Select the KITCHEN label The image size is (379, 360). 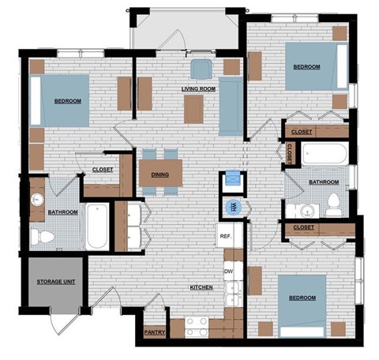click(x=201, y=287)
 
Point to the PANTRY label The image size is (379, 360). click(x=155, y=332)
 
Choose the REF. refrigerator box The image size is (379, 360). click(x=225, y=235)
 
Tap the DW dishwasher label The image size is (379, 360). click(x=228, y=271)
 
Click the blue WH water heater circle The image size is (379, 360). click(x=234, y=208)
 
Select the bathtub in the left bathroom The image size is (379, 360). click(x=97, y=227)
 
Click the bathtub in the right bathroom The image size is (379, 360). click(x=324, y=153)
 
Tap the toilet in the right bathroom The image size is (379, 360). click(x=334, y=204)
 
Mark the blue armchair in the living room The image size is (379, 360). click(x=199, y=67)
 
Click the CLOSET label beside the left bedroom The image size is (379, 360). click(x=103, y=169)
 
